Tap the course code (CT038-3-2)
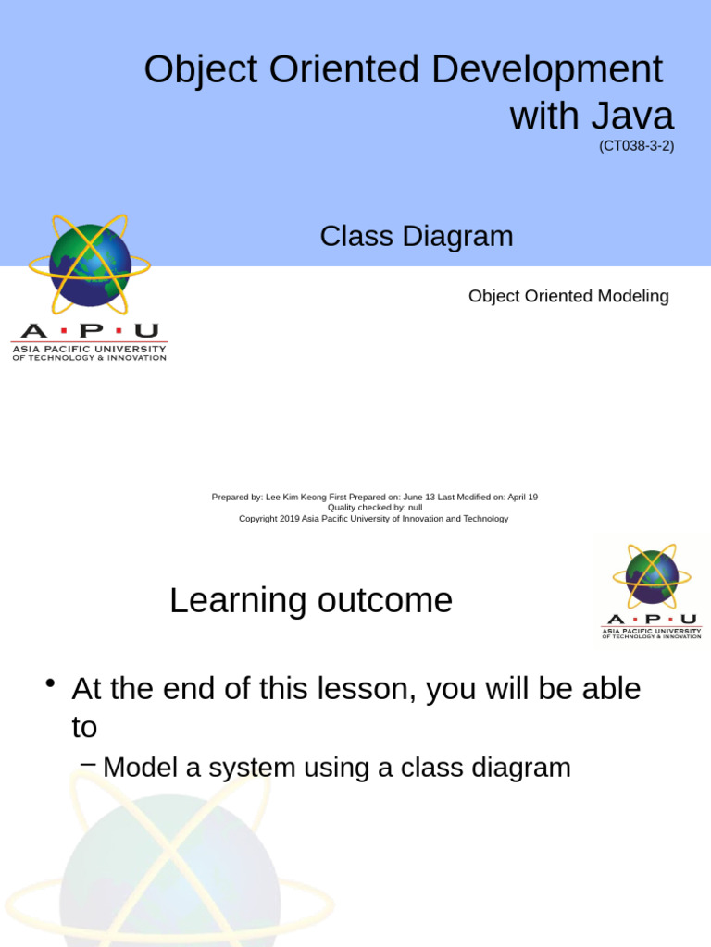636,145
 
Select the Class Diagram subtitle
417,237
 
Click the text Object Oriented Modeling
568,296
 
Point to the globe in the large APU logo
90,265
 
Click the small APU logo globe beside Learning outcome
652,577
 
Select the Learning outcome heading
311,601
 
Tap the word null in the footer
415,508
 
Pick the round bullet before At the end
52,684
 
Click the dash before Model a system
88,764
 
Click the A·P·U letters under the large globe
89,331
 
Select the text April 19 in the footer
522,497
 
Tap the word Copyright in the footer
258,519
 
